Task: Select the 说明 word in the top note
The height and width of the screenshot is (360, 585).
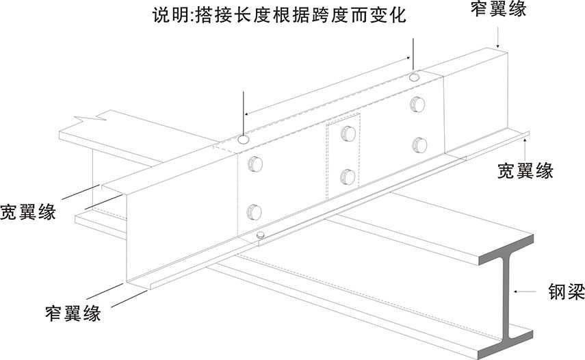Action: pos(168,15)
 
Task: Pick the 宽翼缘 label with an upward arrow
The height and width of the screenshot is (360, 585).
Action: pos(525,170)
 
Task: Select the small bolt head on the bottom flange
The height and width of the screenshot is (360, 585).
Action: pos(260,235)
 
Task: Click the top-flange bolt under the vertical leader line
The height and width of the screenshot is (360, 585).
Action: pos(243,140)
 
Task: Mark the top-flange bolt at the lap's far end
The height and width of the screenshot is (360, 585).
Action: pos(415,77)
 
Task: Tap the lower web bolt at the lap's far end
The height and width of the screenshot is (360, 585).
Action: pos(420,144)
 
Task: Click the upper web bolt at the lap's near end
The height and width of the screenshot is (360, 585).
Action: pos(255,164)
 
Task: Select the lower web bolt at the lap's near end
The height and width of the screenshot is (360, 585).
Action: pos(254,211)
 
